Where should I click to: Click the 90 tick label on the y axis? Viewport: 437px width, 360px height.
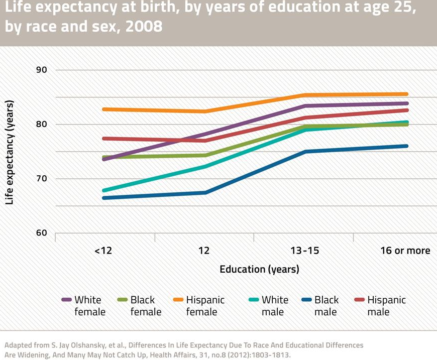(x=41, y=70)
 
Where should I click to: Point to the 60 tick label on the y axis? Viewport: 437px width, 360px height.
(x=41, y=233)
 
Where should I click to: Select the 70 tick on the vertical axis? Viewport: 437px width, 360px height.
(x=41, y=179)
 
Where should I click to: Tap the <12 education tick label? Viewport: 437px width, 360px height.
(x=103, y=251)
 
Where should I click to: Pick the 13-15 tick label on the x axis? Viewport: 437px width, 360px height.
(x=304, y=251)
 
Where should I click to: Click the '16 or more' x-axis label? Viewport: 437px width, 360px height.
(x=405, y=251)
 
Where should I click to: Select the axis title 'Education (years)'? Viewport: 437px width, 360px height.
(x=259, y=269)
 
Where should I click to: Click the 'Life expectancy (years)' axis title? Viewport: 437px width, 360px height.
(x=10, y=152)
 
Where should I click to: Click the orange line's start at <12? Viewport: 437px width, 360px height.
(x=103, y=109)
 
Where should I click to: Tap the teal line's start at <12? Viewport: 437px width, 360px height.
(x=103, y=191)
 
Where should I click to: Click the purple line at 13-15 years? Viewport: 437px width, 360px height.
(x=304, y=106)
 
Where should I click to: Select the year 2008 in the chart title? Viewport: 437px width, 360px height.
(x=146, y=26)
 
